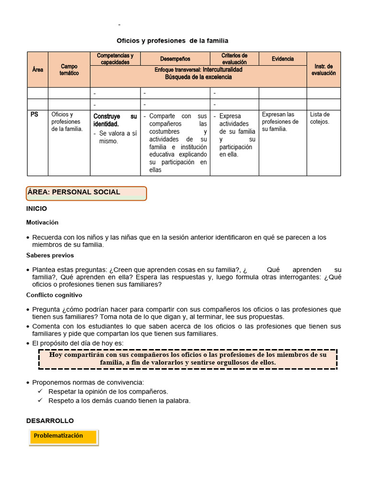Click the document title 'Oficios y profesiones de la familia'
tap(172, 41)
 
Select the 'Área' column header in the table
tap(38, 70)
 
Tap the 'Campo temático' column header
tap(69, 70)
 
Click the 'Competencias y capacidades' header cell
tap(115, 59)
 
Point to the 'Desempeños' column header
tap(175, 59)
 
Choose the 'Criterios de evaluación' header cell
tap(234, 59)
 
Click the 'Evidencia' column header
tap(283, 59)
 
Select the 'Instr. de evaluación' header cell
tap(323, 70)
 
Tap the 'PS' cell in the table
tap(34, 115)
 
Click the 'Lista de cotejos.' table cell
tap(320, 118)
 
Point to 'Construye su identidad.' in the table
tap(115, 120)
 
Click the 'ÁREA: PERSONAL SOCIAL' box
tap(86, 192)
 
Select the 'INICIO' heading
tap(36, 209)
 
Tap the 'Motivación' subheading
tap(42, 222)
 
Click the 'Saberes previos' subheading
tap(50, 256)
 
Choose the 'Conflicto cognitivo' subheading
tap(54, 295)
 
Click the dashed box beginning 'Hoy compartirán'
tap(188, 359)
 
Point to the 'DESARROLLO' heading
tap(50, 421)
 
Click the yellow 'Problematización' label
tap(63, 436)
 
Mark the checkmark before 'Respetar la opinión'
tap(41, 391)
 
